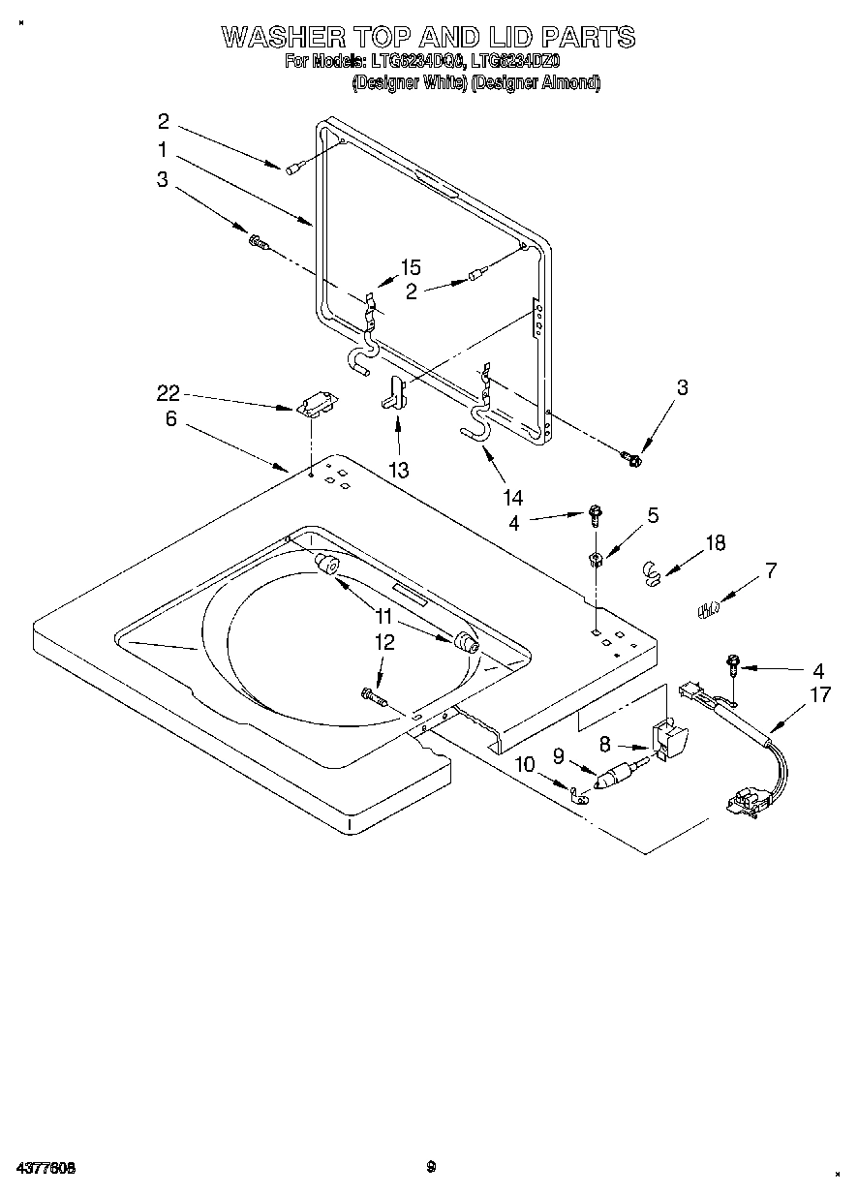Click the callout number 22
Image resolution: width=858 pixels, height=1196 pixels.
[x=168, y=393]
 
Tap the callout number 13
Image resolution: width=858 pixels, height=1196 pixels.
[x=397, y=470]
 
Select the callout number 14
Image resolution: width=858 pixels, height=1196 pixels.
[x=512, y=498]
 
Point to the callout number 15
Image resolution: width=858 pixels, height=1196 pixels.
[x=411, y=268]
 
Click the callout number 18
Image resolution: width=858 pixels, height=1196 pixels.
[x=715, y=543]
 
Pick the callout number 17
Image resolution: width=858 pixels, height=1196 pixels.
[x=820, y=694]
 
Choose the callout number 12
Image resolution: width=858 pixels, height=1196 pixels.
[x=383, y=641]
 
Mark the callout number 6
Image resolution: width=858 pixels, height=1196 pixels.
[x=170, y=418]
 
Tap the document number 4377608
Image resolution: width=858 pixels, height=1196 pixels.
[x=46, y=1167]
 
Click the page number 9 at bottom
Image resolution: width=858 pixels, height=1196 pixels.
[x=432, y=1166]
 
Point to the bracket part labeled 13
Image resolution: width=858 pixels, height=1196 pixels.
[x=393, y=392]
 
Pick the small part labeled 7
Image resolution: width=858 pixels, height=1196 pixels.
[x=708, y=609]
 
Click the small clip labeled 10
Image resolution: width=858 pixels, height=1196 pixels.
[x=581, y=796]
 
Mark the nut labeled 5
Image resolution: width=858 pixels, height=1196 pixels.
[x=596, y=557]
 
